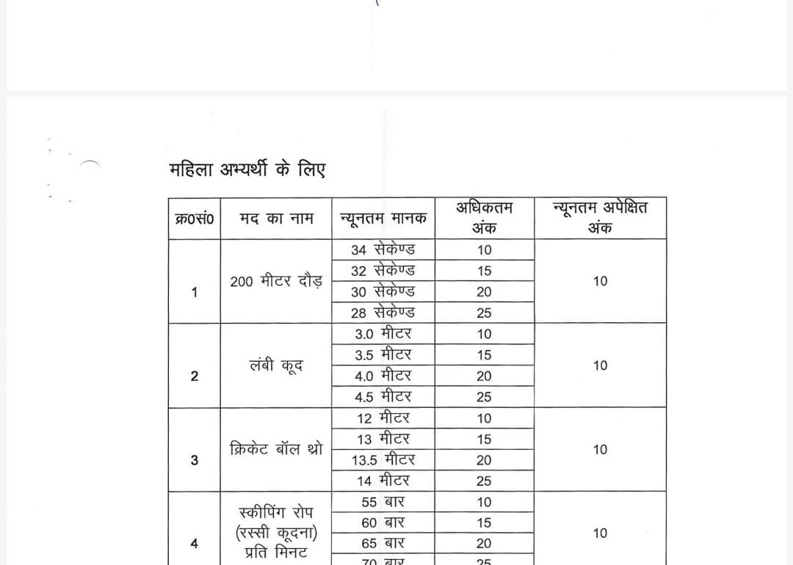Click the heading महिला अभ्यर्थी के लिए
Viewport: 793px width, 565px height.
[247, 169]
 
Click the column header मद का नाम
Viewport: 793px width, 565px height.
[276, 218]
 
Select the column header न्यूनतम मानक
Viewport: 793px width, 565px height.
[383, 218]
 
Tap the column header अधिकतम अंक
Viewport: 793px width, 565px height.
[484, 218]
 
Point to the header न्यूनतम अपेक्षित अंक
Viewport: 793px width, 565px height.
[600, 218]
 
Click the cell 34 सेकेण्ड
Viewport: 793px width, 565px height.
[383, 249]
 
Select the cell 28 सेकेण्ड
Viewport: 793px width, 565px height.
[383, 313]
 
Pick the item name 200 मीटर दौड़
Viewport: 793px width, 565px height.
[276, 281]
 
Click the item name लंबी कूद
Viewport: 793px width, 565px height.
[276, 365]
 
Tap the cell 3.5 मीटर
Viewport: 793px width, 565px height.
[383, 354]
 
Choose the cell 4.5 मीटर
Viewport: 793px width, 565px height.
[383, 397]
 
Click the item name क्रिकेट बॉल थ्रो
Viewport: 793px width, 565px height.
[276, 449]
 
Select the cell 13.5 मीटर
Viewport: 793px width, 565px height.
[383, 460]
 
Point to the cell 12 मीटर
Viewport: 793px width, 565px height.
[383, 418]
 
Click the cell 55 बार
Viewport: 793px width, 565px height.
[383, 502]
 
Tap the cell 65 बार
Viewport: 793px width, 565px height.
[383, 544]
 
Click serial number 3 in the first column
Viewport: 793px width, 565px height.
[194, 460]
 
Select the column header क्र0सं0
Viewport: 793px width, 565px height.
[195, 218]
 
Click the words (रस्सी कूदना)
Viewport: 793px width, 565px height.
[278, 532]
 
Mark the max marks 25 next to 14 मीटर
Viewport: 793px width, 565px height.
[484, 481]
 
